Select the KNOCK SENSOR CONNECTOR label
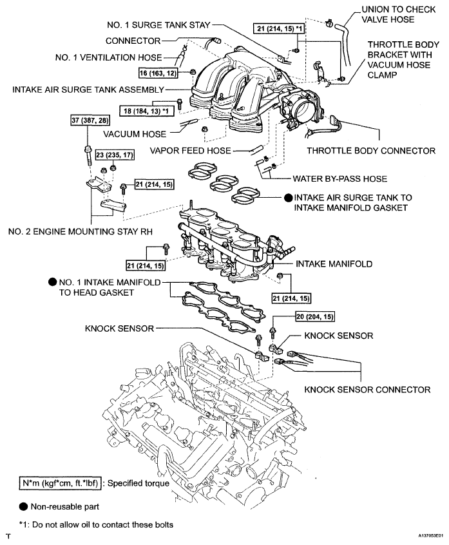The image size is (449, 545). [x=367, y=389]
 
